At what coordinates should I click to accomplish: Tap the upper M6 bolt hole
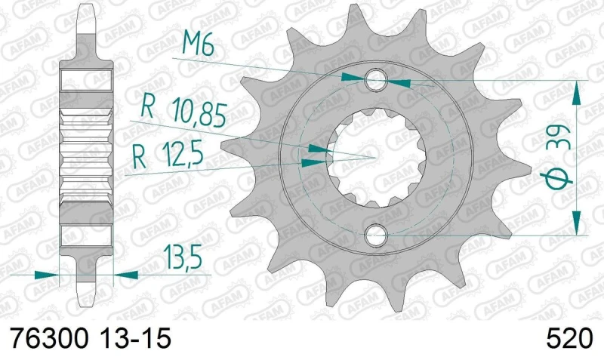pyautogui.click(x=376, y=78)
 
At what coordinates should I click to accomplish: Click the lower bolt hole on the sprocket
pyautogui.click(x=376, y=236)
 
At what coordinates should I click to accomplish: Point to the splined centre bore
pyautogui.click(x=375, y=158)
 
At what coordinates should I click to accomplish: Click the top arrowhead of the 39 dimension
pyautogui.click(x=578, y=91)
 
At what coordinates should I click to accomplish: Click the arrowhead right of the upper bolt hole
pyautogui.click(x=399, y=79)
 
